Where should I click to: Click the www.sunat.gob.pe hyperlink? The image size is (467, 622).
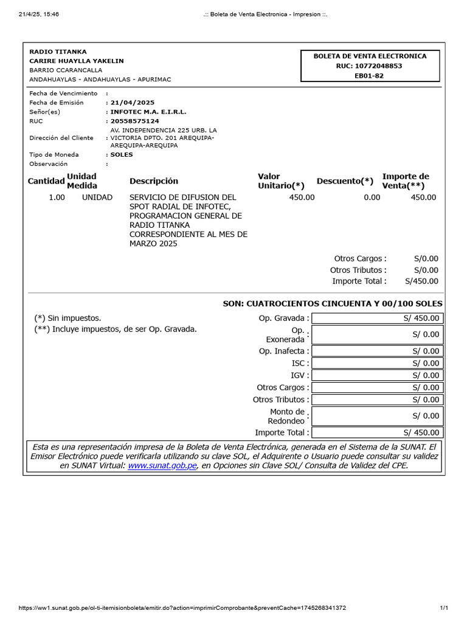click(162, 465)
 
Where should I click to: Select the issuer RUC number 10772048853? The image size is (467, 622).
click(370, 66)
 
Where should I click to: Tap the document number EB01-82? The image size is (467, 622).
click(369, 75)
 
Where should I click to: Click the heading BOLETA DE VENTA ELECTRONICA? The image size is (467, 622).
click(370, 56)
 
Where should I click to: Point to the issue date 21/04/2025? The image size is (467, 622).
click(132, 103)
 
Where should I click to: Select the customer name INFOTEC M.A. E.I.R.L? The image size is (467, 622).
click(148, 112)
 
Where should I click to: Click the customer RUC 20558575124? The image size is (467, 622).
click(134, 121)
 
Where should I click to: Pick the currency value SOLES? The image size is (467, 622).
click(122, 154)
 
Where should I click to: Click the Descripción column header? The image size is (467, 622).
click(154, 181)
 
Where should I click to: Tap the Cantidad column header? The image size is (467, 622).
click(46, 181)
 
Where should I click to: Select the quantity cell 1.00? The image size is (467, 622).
click(57, 197)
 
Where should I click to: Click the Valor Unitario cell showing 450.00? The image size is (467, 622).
click(302, 197)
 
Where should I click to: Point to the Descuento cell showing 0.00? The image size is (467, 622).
click(372, 197)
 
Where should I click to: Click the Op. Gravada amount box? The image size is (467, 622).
click(377, 318)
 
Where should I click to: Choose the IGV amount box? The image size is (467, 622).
click(377, 375)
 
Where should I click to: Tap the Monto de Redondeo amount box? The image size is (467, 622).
click(377, 416)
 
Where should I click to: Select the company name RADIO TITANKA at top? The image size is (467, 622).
click(58, 52)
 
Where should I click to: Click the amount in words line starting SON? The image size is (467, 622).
click(333, 304)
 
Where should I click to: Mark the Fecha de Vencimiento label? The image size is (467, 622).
click(63, 94)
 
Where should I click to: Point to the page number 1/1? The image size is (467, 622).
click(443, 608)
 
